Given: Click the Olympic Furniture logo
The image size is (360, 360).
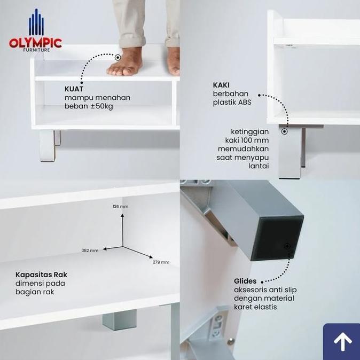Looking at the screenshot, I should click(x=35, y=32).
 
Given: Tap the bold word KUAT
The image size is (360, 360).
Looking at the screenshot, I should click(x=74, y=89).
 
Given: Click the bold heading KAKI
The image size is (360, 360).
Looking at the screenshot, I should click(x=222, y=85).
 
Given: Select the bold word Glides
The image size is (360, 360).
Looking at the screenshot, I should click(x=245, y=281).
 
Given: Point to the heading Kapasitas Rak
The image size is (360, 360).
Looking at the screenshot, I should click(x=41, y=275).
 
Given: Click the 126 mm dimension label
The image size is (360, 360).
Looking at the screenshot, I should click(x=120, y=206).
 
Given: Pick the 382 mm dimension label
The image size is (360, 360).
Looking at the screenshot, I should click(x=90, y=250).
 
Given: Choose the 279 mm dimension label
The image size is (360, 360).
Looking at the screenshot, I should click(x=161, y=262).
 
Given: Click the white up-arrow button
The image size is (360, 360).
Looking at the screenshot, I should click(x=342, y=342).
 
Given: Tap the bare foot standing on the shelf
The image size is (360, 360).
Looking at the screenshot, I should click(x=125, y=62).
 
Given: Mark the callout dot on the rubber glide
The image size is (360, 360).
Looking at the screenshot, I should click(x=287, y=246).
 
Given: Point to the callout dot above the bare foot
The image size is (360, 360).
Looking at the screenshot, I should click(x=118, y=57).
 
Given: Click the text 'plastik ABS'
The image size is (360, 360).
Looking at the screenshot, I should click(x=232, y=103).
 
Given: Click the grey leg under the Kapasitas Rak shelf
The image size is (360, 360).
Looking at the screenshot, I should click(x=119, y=320).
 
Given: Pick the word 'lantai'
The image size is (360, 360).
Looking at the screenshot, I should click(x=259, y=166).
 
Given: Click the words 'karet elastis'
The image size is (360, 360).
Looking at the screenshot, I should click(x=256, y=307).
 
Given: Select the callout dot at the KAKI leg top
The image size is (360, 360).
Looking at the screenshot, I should click(x=285, y=131).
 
